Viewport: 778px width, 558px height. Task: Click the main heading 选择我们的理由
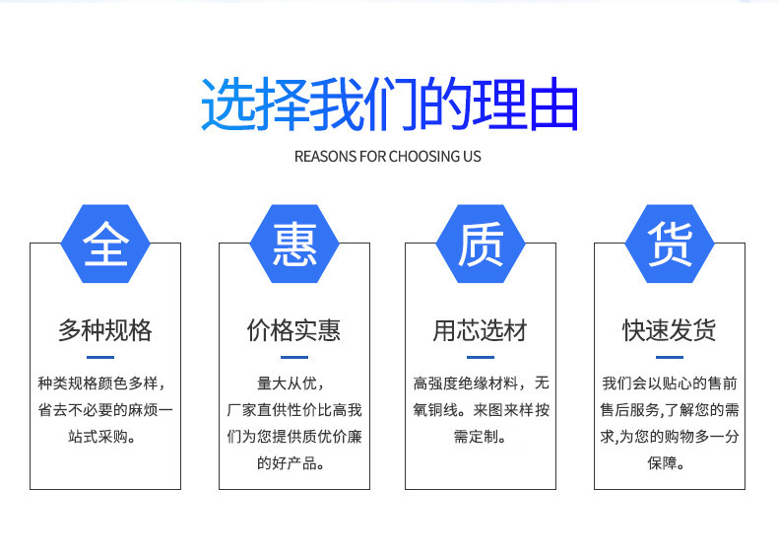pos(390,105)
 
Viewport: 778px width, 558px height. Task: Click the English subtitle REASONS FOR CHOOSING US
pos(387,157)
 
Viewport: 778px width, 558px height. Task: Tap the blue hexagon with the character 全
pos(105,244)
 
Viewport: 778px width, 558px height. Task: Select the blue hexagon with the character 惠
pos(294,244)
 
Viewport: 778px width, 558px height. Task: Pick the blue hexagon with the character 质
pos(481,244)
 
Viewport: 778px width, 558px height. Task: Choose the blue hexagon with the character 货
pos(670,244)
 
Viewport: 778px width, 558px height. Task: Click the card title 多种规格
pos(105,330)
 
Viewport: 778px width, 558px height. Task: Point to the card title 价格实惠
pos(294,330)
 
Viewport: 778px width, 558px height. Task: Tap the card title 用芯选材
pos(481,330)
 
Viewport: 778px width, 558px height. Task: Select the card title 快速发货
pos(670,330)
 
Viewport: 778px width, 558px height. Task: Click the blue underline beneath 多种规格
pos(100,357)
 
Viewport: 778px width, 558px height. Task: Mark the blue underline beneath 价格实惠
pos(294,357)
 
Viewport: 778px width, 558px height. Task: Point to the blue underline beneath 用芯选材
pos(481,357)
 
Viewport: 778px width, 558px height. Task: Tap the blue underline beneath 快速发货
pos(670,357)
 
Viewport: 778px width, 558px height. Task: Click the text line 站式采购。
pos(101,437)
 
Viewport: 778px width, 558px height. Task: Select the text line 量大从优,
pos(291,384)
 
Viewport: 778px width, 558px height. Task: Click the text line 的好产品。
pos(291,463)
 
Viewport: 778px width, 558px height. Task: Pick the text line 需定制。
pos(480,437)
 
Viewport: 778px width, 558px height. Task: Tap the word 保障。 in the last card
pos(666,463)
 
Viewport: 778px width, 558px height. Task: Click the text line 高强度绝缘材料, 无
pos(482,384)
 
